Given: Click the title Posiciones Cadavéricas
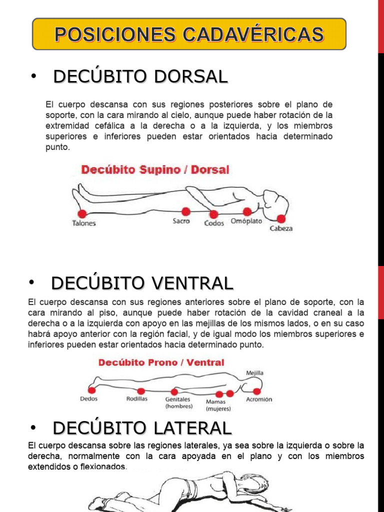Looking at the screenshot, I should [x=189, y=34].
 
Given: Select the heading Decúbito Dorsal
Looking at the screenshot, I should [x=140, y=76].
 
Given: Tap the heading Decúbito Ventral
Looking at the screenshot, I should [x=142, y=283].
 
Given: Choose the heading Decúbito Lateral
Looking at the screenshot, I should [x=142, y=428].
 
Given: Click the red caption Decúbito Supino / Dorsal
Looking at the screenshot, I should [x=155, y=169].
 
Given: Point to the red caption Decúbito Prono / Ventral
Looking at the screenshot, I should [x=161, y=362].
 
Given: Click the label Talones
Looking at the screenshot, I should [x=84, y=223].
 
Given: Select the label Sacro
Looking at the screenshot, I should [x=181, y=221].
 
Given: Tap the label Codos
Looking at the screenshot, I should [x=214, y=223].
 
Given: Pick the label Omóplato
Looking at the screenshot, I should [x=246, y=221].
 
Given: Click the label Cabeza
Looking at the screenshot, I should [x=281, y=229].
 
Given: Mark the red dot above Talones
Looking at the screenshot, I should [x=82, y=214].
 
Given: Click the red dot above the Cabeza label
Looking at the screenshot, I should [x=281, y=218].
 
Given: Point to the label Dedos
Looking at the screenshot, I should [x=89, y=399].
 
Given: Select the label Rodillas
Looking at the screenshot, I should [x=137, y=399].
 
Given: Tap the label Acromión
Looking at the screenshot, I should [x=259, y=399].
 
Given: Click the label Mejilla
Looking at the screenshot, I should [x=254, y=373].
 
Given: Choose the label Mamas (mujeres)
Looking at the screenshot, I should [x=218, y=405].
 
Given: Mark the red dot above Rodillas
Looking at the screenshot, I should [x=141, y=391].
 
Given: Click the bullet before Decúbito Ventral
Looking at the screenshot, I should [x=31, y=283].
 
